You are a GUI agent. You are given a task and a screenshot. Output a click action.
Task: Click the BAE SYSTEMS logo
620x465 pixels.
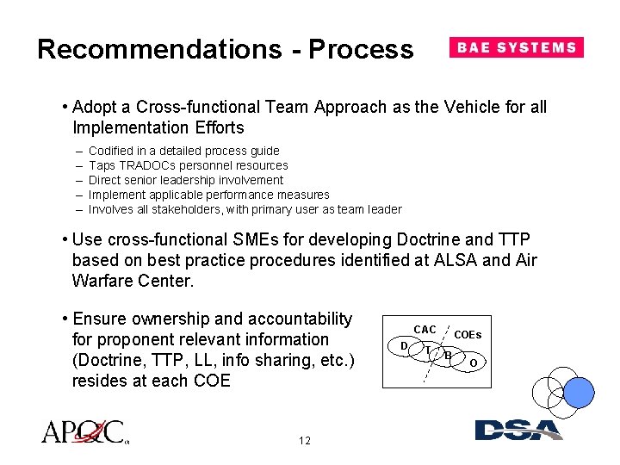click(x=516, y=47)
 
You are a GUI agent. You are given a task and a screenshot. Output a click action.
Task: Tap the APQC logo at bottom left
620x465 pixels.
click(x=84, y=431)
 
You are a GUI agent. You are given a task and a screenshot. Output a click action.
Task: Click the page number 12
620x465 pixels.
click(x=304, y=441)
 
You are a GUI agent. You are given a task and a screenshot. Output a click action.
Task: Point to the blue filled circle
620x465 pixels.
click(x=579, y=392)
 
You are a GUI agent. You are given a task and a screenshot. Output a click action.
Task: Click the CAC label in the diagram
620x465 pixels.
click(x=425, y=330)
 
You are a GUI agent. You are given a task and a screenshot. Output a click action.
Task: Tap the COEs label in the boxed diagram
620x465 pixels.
click(x=468, y=335)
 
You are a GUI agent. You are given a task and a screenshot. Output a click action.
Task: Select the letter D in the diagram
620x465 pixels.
click(x=404, y=346)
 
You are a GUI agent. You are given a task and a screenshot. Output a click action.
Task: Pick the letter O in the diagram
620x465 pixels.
click(x=473, y=363)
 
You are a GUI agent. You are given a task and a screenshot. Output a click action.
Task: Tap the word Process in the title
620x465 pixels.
click(x=361, y=49)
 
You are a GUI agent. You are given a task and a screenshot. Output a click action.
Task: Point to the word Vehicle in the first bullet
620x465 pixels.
click(x=472, y=108)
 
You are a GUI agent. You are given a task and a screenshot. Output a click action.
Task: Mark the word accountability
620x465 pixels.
click(x=292, y=319)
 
